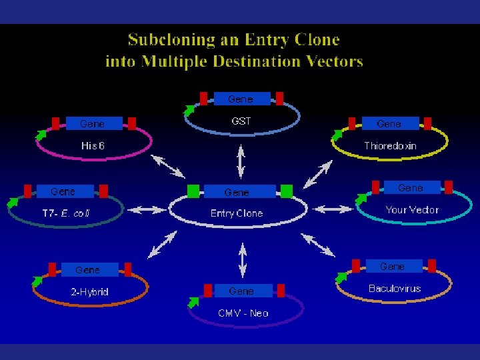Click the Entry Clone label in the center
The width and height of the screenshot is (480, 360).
pos(237,213)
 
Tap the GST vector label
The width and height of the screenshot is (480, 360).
pos(241,121)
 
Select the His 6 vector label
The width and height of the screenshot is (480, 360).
pos(93,145)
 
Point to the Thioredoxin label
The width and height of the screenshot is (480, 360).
pos(390,145)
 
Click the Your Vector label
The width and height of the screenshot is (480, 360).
pos(412,210)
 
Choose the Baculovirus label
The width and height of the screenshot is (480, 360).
pos(395,289)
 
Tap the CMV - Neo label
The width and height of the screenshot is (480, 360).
pos(243,313)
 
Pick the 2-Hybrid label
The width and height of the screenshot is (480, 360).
pos(90,292)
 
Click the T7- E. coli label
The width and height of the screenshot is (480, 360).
pos(66,213)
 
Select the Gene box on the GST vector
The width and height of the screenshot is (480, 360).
pos(241,99)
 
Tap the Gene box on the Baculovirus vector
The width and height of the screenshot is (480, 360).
pos(393,267)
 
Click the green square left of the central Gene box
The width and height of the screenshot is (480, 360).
pos(194,191)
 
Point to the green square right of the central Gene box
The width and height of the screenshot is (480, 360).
pos(287,191)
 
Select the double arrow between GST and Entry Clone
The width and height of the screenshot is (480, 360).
pos(241,160)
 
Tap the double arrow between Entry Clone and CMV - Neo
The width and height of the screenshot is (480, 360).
pos(242,257)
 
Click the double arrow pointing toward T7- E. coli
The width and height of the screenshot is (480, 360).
pos(147,209)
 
